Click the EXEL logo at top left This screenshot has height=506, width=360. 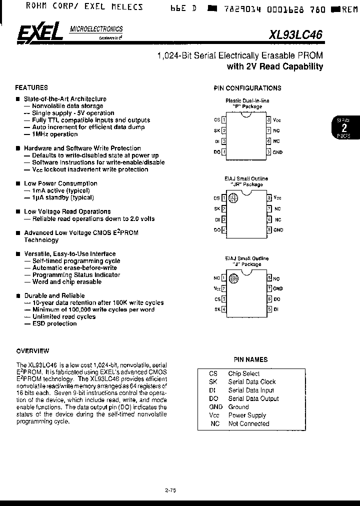[x=39, y=33]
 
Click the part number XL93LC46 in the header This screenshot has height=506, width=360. [x=296, y=34]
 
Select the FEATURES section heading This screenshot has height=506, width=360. [x=31, y=87]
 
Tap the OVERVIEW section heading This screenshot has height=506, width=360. [x=32, y=350]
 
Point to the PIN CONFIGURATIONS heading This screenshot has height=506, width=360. [x=247, y=88]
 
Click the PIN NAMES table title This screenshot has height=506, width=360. [x=250, y=359]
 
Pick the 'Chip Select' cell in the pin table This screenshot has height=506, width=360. [x=243, y=373]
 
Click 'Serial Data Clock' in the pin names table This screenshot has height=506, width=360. [x=252, y=381]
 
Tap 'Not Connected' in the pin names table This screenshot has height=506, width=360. [x=248, y=423]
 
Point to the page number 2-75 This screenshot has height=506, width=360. [x=170, y=490]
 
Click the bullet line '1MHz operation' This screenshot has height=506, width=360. [x=54, y=134]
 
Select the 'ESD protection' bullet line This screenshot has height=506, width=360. [x=54, y=323]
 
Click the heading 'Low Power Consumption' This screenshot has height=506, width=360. [x=60, y=183]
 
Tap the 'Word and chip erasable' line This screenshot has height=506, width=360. [x=66, y=281]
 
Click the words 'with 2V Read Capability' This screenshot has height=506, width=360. [x=274, y=66]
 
